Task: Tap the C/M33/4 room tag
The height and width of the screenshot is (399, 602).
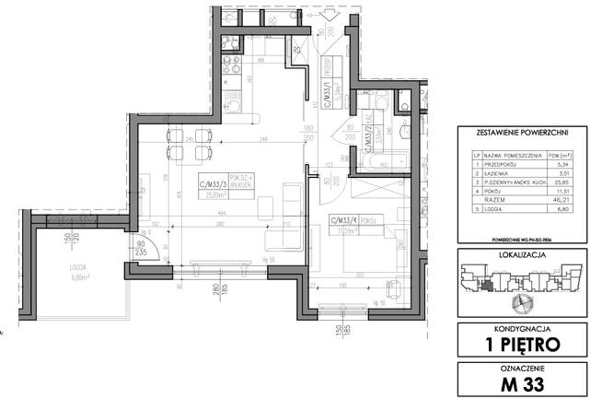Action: tap(343, 221)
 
